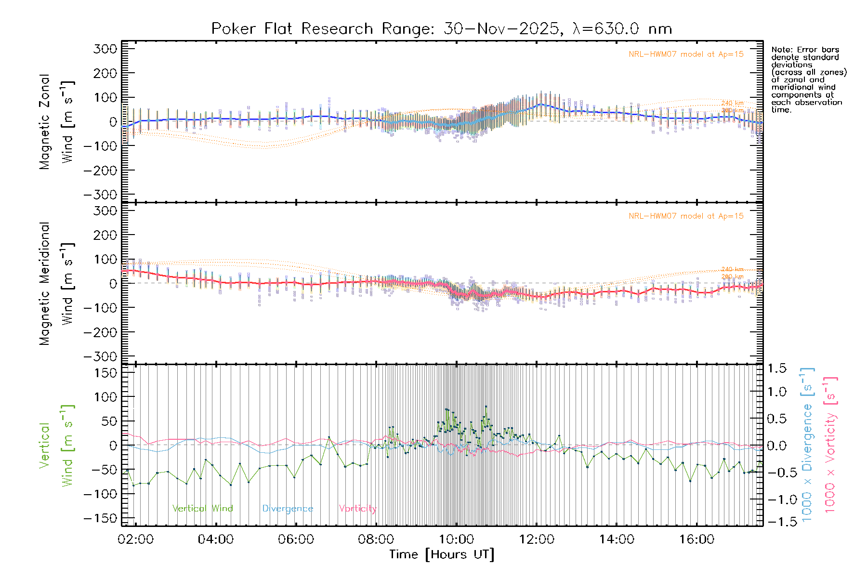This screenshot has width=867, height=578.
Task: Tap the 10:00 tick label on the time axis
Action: (456, 539)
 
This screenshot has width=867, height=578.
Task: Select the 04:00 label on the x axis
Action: (215, 539)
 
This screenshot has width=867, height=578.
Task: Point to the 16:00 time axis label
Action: (696, 539)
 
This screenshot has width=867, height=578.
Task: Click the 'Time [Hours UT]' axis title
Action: (442, 554)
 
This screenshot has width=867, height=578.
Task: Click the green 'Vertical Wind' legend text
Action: (202, 509)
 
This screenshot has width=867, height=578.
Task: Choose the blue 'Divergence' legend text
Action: (288, 509)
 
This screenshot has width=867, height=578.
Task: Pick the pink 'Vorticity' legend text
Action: (357, 509)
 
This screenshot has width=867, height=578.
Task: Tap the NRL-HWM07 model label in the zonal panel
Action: (686, 54)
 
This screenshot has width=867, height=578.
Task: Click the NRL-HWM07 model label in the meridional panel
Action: (686, 216)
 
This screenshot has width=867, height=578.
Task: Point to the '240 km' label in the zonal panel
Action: (732, 103)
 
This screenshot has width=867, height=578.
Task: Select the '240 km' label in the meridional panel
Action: (732, 269)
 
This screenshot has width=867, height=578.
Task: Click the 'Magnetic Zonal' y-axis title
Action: (45, 122)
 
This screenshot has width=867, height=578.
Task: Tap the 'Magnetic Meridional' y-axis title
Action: (45, 284)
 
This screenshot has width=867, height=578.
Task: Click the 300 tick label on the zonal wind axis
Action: (105, 49)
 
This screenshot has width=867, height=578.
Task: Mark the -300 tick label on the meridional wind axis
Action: (100, 356)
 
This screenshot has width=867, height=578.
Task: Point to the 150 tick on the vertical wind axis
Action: (105, 373)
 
